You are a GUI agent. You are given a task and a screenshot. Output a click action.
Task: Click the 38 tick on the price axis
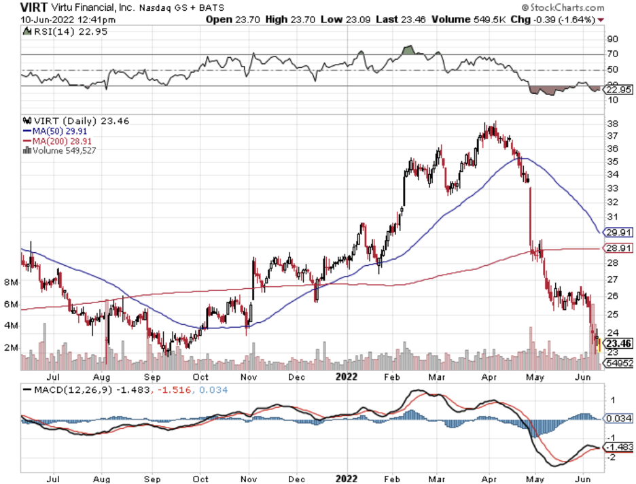[x=612, y=124]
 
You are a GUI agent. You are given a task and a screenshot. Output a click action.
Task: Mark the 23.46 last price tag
[x=620, y=344]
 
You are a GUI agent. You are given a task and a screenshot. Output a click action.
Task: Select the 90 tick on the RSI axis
[x=612, y=39]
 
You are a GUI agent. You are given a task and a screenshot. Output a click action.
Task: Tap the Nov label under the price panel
[x=249, y=375]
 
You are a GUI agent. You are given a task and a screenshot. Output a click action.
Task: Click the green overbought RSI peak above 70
[x=408, y=50]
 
